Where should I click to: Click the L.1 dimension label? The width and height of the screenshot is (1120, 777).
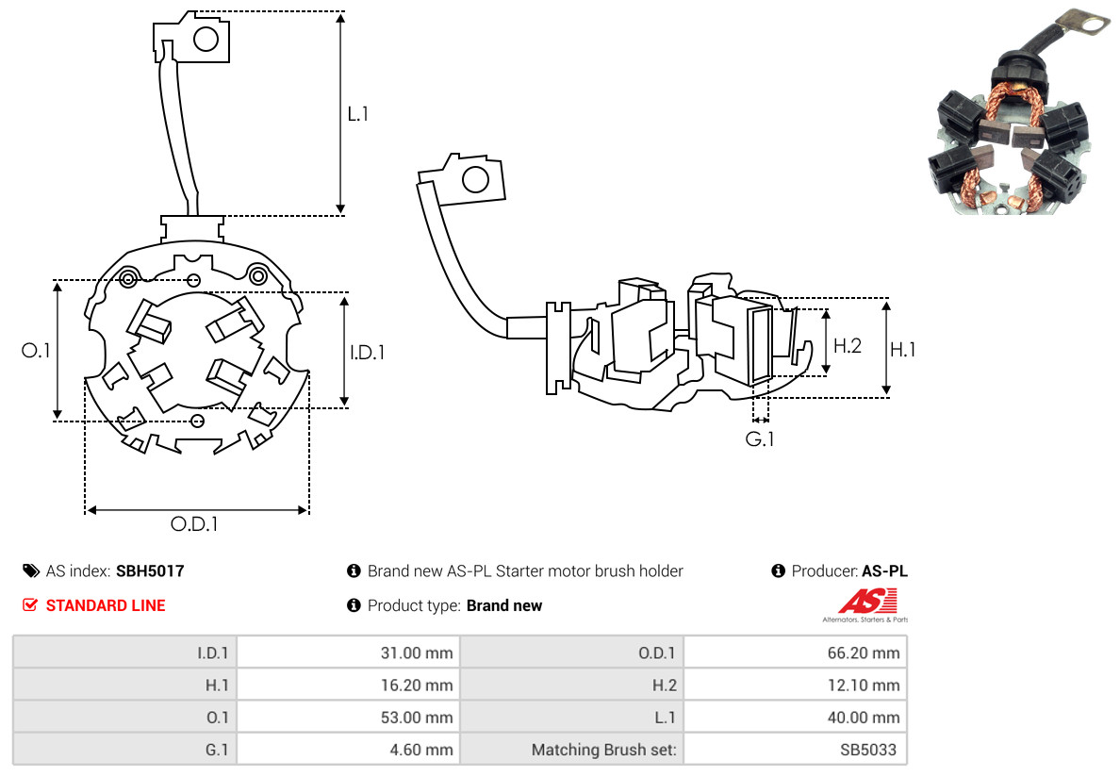pos(358,114)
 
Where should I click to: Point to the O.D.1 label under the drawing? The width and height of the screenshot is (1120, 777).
pos(194,524)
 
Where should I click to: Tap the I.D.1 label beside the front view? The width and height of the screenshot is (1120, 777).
pos(368,353)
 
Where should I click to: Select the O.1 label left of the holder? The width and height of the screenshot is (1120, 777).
pos(36,350)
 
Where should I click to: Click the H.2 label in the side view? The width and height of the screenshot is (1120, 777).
pos(848,345)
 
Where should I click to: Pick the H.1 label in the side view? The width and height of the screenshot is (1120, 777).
pos(903,350)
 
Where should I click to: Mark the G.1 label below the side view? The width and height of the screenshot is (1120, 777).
pos(760,438)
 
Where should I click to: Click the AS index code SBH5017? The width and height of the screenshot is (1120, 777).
pos(150,570)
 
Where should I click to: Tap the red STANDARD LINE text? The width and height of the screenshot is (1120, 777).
pos(106,605)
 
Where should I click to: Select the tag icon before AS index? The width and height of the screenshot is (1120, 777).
pos(31,570)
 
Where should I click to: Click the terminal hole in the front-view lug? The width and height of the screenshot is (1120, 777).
pos(206,39)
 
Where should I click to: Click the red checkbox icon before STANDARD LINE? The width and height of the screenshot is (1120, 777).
pos(30,605)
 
